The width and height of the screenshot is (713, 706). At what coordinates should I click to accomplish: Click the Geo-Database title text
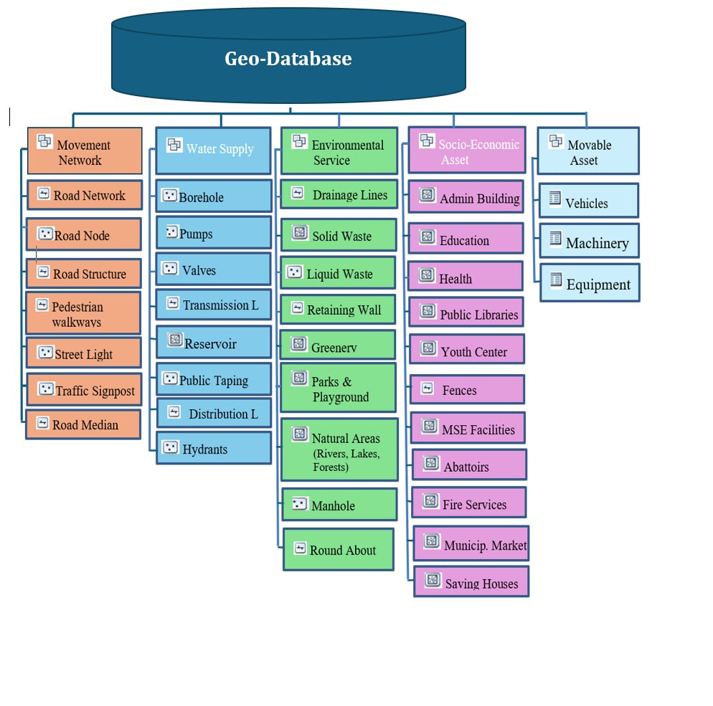point(288,58)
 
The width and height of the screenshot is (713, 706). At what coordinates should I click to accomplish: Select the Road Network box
point(84,195)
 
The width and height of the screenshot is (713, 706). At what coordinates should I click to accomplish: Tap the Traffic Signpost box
point(83,391)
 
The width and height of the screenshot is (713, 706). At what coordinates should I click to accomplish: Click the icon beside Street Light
point(45,353)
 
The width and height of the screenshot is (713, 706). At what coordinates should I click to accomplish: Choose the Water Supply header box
point(213,150)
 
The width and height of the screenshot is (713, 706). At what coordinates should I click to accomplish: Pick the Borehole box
point(214,196)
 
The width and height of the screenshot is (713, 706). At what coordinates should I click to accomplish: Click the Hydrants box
point(214,449)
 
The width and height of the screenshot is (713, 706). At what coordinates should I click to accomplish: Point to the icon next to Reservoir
point(175,340)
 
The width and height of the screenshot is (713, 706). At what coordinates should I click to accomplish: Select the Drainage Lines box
point(338,194)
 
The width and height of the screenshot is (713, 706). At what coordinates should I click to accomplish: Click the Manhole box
point(339,505)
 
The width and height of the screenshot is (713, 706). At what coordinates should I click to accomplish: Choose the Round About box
point(339,550)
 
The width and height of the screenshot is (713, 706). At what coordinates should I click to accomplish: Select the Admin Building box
point(466,197)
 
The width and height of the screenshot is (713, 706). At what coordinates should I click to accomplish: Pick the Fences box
point(467,390)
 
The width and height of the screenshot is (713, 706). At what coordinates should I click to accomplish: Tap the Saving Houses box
point(471,582)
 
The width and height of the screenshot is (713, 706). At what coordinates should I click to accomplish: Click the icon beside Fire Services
point(430,500)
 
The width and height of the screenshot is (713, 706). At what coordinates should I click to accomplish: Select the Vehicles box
point(588,201)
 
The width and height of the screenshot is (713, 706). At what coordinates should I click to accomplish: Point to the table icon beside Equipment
point(555,279)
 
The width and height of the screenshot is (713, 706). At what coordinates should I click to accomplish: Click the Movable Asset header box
point(587,151)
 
